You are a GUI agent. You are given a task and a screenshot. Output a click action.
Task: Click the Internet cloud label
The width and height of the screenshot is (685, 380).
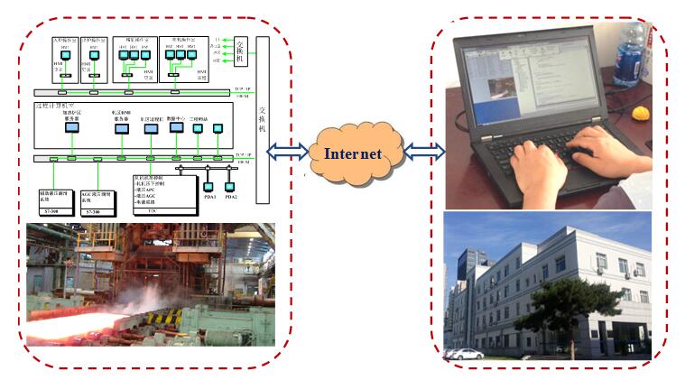coord(353,153)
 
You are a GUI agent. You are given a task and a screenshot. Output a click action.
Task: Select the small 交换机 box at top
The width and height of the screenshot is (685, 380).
coord(244,48)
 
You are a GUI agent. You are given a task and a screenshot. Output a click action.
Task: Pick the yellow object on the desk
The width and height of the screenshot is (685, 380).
coord(642,115)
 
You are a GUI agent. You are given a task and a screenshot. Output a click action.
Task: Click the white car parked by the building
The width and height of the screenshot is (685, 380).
coord(464,354)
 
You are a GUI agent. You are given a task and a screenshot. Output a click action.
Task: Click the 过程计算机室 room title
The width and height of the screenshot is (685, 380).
coord(54,107)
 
